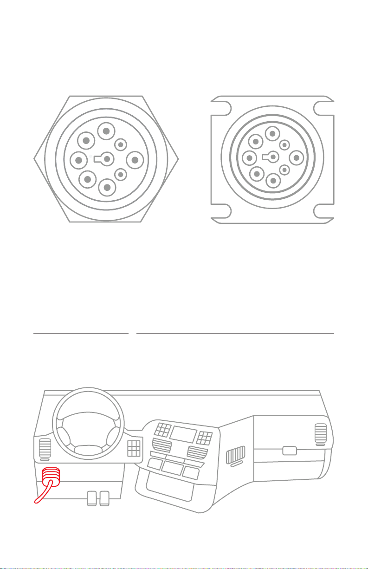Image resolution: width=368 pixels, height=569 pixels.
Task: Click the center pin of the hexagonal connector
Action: pos(107,159)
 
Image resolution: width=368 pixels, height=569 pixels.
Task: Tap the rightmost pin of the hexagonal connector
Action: pos(135,160)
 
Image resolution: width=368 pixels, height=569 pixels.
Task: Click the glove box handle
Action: pos(290,450)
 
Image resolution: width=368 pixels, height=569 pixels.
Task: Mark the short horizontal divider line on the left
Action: pos(81,334)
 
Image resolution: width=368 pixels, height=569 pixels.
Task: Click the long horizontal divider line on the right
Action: pos(235,334)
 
